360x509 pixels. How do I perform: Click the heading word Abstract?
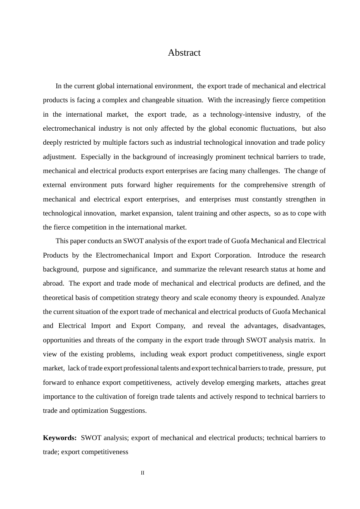tap(184, 53)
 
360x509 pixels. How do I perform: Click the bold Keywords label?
tap(59, 438)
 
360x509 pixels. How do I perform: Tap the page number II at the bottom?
tap(142, 473)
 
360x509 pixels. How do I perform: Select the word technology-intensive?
tap(241, 114)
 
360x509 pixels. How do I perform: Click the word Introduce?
tap(271, 255)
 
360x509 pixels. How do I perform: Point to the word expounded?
tap(283, 298)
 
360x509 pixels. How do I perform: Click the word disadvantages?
tap(304, 326)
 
